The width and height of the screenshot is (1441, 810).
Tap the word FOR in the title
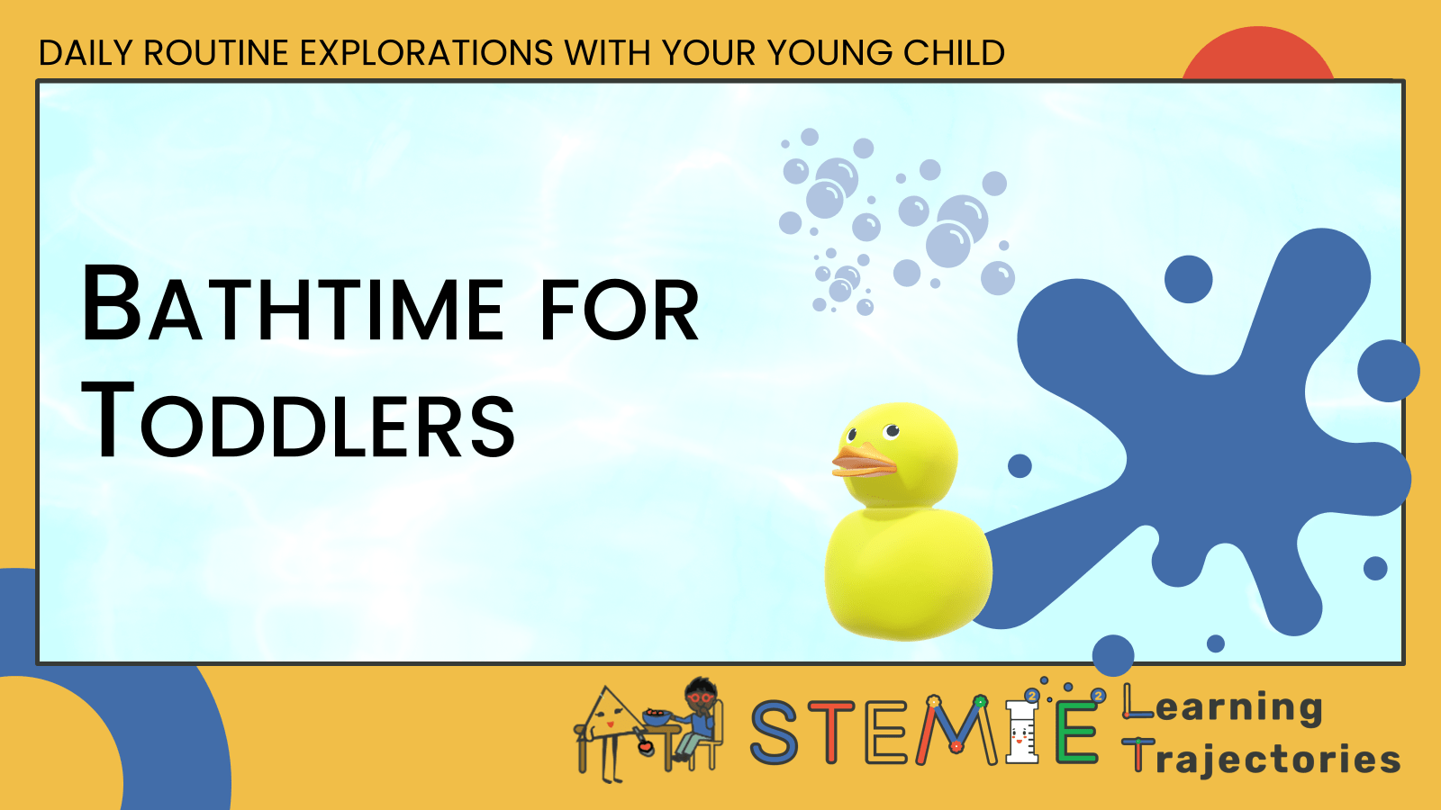coord(619,310)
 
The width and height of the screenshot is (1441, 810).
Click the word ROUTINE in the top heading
coord(216,53)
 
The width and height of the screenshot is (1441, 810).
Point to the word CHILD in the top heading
coord(954,53)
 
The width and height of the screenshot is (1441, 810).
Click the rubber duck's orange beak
coord(863,463)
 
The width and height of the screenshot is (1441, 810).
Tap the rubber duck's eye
coord(892,431)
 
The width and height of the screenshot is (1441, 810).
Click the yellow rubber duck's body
coord(905,571)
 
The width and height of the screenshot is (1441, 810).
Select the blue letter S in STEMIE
coord(775,733)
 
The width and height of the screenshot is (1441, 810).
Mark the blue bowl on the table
coord(656,717)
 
